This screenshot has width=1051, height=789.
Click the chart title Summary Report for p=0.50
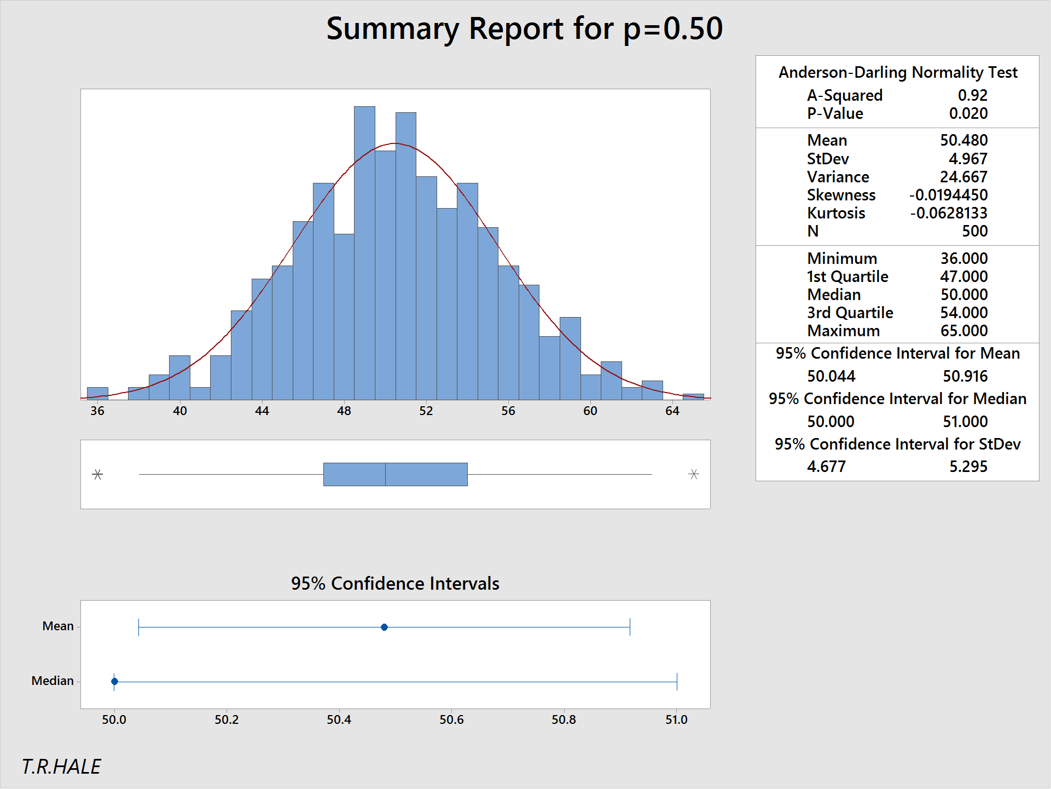(x=524, y=28)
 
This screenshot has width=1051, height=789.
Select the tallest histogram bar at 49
(x=364, y=252)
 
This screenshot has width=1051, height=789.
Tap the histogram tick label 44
(x=262, y=411)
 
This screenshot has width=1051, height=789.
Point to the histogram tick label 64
(x=672, y=411)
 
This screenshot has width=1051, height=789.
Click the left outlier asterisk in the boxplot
(x=97, y=474)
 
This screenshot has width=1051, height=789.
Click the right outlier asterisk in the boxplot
(x=694, y=474)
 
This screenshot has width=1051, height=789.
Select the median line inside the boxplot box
(x=385, y=474)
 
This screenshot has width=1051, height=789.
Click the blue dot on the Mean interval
(x=384, y=627)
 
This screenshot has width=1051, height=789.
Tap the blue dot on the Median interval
(x=114, y=681)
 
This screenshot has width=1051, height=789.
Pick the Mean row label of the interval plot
(x=57, y=626)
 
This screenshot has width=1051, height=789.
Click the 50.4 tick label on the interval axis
(x=339, y=719)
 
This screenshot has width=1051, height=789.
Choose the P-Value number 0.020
(x=968, y=113)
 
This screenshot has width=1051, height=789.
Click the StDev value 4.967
(x=968, y=159)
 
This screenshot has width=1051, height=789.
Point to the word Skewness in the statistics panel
(x=841, y=195)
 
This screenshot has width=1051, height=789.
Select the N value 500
(x=974, y=231)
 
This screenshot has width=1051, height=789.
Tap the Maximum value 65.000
(x=963, y=331)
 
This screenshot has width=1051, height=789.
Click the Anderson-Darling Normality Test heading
(x=897, y=72)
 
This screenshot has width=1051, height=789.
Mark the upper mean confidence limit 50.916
(x=965, y=376)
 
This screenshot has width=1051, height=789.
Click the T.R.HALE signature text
(x=61, y=767)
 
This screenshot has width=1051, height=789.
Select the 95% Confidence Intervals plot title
(x=395, y=584)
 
